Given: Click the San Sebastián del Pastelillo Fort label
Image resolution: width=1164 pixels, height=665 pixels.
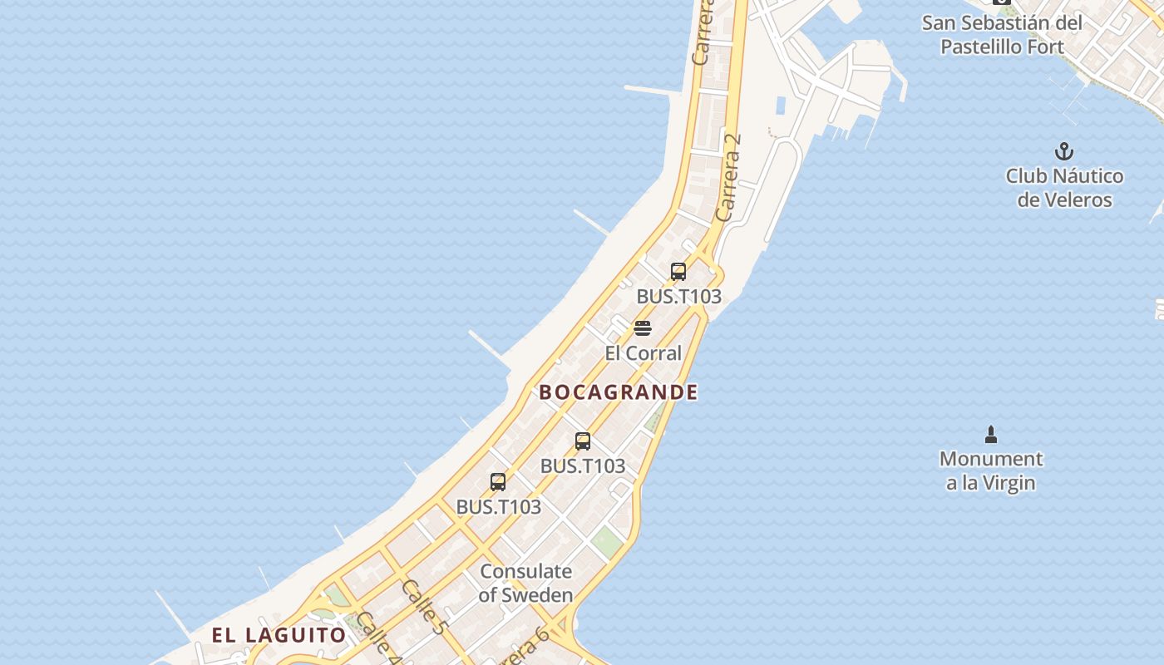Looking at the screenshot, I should (x=1002, y=35).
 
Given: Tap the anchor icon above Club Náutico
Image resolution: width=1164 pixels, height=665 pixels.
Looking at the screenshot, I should (x=1064, y=151).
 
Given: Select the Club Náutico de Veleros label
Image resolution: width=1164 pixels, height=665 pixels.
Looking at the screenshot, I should (x=1064, y=188).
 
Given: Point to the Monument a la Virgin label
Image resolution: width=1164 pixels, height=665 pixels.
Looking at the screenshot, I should (x=990, y=470).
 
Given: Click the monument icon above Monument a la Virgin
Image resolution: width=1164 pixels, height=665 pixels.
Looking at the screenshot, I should (x=990, y=434).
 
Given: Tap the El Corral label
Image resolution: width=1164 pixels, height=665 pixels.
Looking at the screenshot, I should (x=643, y=353).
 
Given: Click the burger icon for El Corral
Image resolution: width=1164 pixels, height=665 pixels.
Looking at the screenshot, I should (x=643, y=328).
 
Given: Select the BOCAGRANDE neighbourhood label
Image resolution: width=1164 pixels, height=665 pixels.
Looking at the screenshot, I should (x=619, y=392).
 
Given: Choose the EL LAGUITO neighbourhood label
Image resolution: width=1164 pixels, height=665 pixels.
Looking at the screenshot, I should (x=279, y=636).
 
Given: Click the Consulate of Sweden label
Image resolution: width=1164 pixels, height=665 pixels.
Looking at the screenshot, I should (x=526, y=583).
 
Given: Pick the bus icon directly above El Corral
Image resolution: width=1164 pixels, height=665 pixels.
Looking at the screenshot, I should (x=678, y=271).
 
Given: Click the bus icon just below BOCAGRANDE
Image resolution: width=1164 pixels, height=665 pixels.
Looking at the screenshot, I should (x=583, y=441).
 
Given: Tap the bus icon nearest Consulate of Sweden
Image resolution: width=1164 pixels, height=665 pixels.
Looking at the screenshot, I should (x=498, y=481).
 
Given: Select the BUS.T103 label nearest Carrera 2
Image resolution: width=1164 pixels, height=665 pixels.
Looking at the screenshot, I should (x=678, y=297).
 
